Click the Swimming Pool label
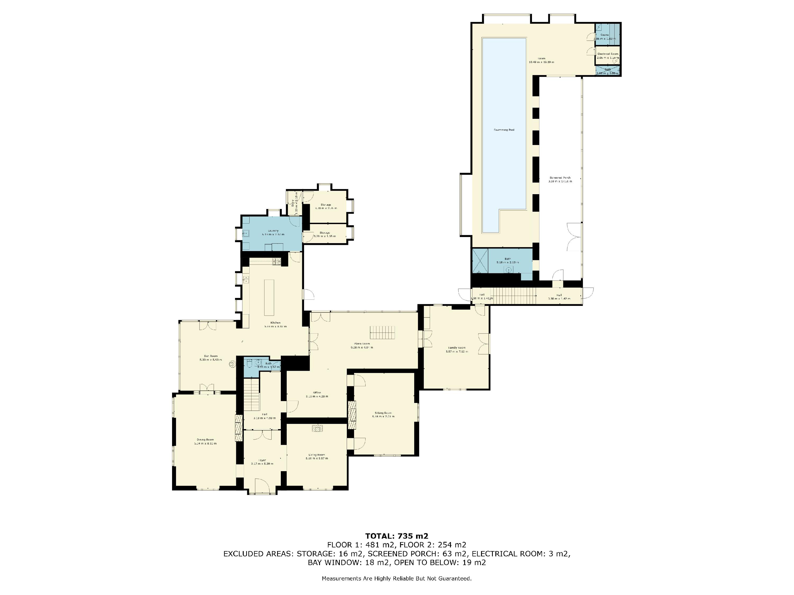[x=504, y=130]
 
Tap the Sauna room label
[x=604, y=35]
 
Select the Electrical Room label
[x=608, y=54]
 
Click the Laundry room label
[x=273, y=231]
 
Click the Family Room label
[x=457, y=347]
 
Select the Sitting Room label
[x=383, y=413]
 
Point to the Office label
[x=317, y=393]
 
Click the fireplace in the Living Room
[x=317, y=428]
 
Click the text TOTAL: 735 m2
[x=397, y=536]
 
